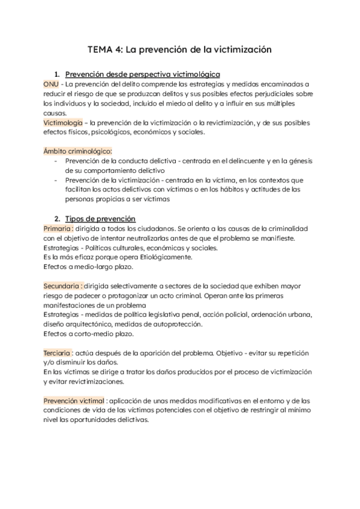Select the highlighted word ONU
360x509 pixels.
tap(51, 85)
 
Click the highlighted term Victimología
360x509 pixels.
tap(64, 123)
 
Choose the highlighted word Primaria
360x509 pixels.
tap(58, 229)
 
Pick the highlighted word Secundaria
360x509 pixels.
tap(62, 286)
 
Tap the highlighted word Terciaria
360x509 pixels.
tap(58, 353)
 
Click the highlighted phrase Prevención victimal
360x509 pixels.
tap(73, 401)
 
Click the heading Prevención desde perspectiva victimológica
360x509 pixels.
tap(143, 74)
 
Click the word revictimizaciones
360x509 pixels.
tap(91, 382)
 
